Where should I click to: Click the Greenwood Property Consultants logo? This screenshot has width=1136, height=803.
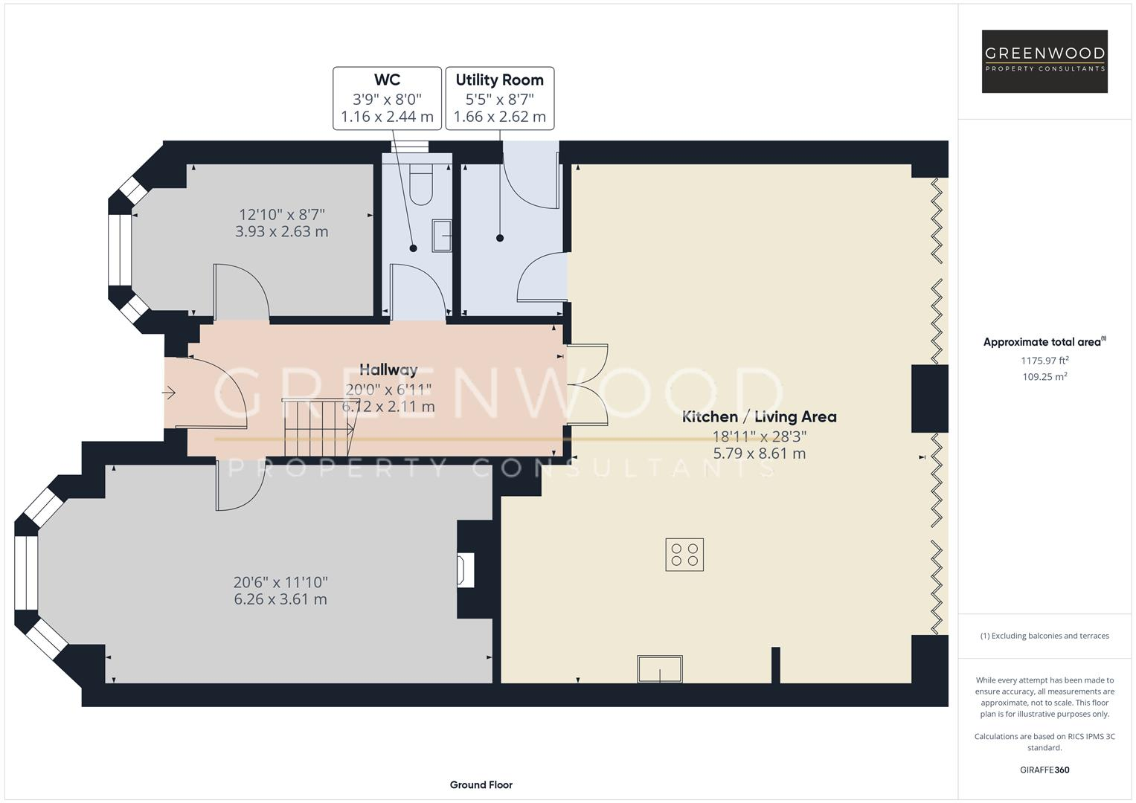click(x=1044, y=61)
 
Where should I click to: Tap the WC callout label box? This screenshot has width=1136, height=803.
click(x=387, y=98)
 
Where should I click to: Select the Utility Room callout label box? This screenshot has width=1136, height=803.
click(x=499, y=98)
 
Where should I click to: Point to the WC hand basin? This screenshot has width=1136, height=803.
click(x=442, y=235)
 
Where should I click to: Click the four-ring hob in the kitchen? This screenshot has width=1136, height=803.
click(x=684, y=555)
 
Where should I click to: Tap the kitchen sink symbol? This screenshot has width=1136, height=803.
click(x=659, y=668)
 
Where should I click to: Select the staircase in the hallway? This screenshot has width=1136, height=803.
click(x=318, y=428)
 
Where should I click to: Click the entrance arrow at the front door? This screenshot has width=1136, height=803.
click(x=169, y=393)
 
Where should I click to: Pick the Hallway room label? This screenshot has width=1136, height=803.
click(x=388, y=370)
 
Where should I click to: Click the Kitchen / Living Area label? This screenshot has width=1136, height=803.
click(x=759, y=416)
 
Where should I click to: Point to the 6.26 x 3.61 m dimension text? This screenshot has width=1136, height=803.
click(x=280, y=599)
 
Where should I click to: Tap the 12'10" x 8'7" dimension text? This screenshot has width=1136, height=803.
click(x=282, y=214)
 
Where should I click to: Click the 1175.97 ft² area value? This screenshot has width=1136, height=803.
click(x=1044, y=361)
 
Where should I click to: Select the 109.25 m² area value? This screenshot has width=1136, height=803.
click(x=1044, y=377)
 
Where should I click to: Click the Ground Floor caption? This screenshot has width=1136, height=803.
click(x=481, y=784)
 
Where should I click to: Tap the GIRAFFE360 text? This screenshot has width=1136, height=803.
click(x=1044, y=770)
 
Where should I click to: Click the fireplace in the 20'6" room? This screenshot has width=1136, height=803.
click(x=466, y=570)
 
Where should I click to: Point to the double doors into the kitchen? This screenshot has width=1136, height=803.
click(x=587, y=385)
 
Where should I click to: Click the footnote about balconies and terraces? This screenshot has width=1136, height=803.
click(x=1044, y=636)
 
